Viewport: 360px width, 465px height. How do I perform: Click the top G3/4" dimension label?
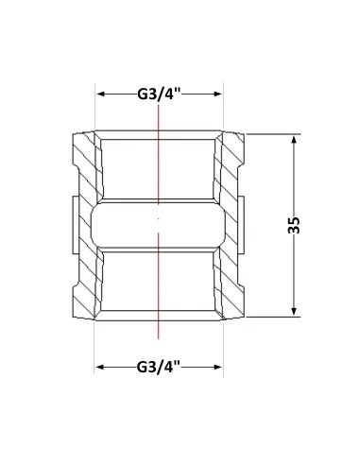tap(159, 94)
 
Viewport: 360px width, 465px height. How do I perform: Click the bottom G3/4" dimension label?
tap(158, 367)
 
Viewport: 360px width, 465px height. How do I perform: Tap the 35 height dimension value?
tap(294, 225)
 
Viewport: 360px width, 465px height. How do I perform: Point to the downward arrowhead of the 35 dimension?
tap(294, 311)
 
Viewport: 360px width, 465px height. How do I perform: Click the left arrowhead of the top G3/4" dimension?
tap(101, 94)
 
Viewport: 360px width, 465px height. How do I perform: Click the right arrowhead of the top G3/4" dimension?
tap(217, 94)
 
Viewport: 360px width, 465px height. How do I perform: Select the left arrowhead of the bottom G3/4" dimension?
tap(101, 367)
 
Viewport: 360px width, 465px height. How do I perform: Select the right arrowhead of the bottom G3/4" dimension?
tap(217, 367)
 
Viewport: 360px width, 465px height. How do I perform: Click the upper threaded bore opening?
tap(158, 168)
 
